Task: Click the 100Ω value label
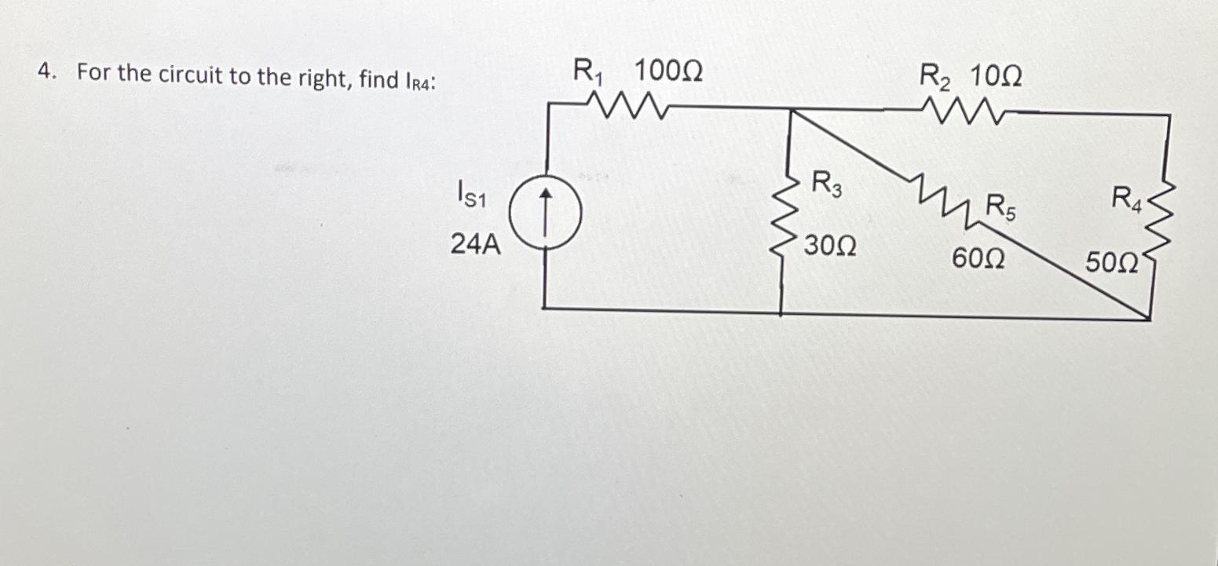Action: pos(668,73)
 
